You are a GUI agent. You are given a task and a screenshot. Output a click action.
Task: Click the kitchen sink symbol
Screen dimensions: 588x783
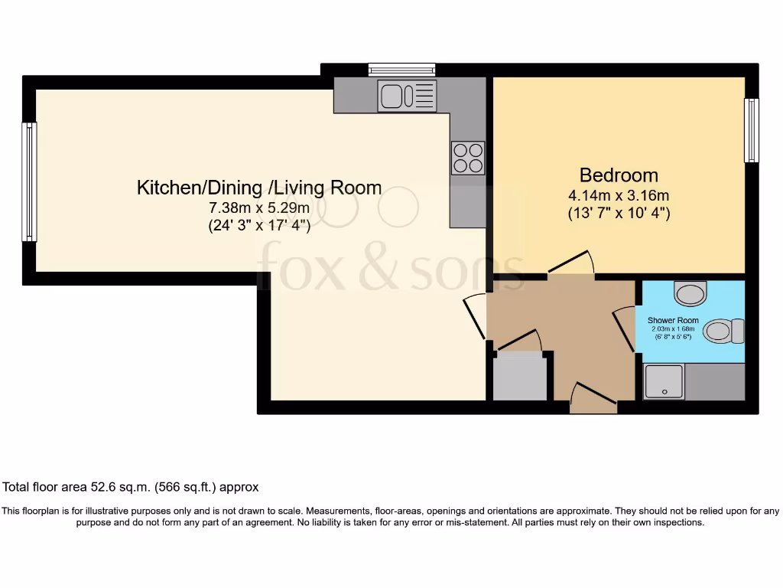408,96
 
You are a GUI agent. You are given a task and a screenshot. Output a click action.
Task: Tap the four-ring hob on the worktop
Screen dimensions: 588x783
467,158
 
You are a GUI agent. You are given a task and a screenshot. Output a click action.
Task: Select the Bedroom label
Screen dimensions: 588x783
618,175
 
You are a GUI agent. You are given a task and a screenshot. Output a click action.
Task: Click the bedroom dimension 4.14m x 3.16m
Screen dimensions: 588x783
618,194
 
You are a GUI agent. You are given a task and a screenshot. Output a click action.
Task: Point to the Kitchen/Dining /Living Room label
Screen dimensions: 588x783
258,188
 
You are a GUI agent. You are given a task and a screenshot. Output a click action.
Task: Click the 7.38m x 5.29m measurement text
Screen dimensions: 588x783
258,207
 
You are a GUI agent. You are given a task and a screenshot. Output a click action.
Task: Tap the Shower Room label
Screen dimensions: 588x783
673,320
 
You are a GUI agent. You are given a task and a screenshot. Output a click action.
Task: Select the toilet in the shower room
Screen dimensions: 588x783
723,331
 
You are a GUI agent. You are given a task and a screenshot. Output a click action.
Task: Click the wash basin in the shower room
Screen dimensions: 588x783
693,292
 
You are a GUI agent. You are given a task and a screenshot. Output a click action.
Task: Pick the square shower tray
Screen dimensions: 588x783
664,381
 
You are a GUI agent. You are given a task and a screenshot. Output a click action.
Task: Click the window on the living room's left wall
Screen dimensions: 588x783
29,181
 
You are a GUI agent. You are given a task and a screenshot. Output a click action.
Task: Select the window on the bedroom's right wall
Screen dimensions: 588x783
752,130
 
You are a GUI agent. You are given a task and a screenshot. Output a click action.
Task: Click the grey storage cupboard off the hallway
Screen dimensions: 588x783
520,377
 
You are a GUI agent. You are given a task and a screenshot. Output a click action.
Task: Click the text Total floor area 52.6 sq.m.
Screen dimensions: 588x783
131,487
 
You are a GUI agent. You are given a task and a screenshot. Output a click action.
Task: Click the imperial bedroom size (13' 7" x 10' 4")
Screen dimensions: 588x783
618,214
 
